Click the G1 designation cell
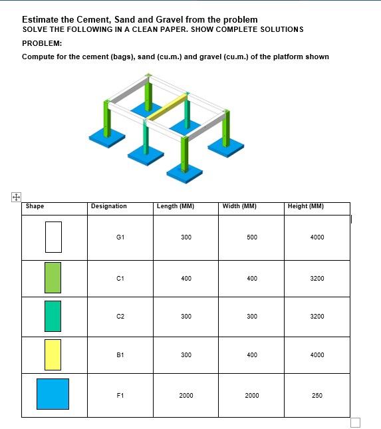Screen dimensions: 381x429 (x=120, y=237)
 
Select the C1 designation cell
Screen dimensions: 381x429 (x=120, y=279)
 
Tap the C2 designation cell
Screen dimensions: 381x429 (x=120, y=317)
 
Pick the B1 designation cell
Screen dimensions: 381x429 (x=120, y=355)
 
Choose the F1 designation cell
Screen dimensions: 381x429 (x=120, y=396)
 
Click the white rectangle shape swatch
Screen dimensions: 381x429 (x=53, y=237)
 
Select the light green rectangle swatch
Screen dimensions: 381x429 (x=53, y=278)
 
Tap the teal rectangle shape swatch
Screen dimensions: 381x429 (x=53, y=316)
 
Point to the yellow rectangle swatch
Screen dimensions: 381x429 (x=53, y=355)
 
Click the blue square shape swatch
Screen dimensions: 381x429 (x=53, y=394)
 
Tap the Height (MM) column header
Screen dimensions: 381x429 (x=306, y=206)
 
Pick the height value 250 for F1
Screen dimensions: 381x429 (x=317, y=396)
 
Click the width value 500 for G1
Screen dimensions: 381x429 (x=252, y=237)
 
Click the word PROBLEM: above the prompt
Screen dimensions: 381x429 (x=42, y=43)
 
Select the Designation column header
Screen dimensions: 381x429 (x=108, y=206)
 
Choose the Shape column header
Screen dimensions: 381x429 (x=35, y=206)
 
